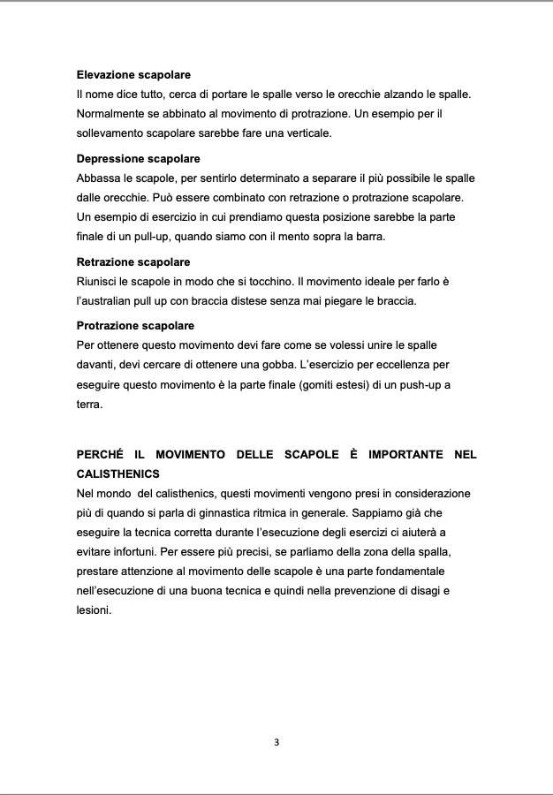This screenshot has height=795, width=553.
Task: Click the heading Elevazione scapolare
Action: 133,75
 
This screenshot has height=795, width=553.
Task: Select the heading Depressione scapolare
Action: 138,159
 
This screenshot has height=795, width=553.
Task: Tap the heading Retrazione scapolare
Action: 133,262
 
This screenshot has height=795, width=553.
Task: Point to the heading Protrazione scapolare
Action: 135,326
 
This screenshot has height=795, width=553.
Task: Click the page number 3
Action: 276,742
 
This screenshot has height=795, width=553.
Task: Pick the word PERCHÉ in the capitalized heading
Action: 102,454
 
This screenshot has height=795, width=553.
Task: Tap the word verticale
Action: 305,132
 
